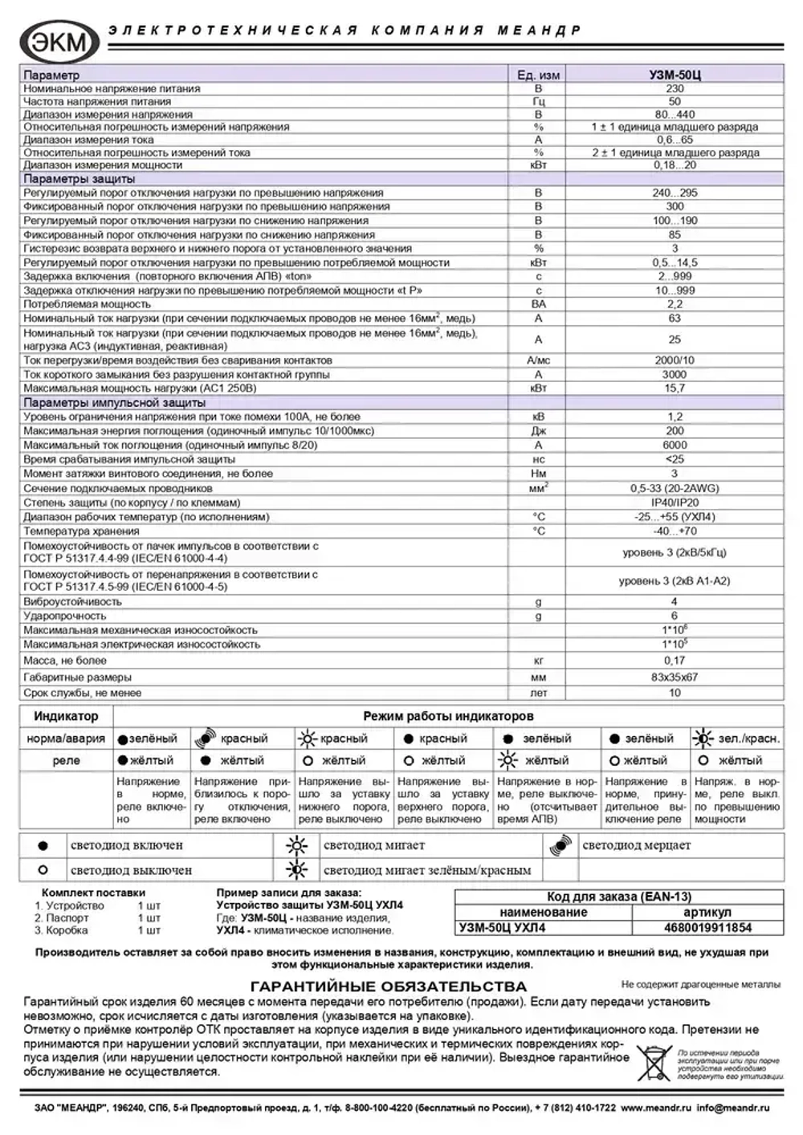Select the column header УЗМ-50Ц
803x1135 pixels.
pos(675,75)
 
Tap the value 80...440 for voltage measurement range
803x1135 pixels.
pos(675,114)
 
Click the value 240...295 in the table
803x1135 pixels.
pos(675,193)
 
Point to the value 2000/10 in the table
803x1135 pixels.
pos(675,360)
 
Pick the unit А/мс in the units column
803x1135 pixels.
pos(538,360)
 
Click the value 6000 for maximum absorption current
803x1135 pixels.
pos(675,445)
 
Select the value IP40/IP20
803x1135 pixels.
pos(675,502)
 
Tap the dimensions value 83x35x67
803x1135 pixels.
pos(675,677)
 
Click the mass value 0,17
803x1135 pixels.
pos(675,660)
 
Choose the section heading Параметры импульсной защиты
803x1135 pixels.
pos(114,402)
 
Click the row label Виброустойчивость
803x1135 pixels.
pos(72,601)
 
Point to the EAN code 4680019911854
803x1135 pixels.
pos(707,927)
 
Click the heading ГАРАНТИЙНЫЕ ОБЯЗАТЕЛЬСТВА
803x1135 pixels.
pos(389,986)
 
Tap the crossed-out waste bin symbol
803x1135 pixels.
pos(654,1063)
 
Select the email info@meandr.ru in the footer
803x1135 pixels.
pos(732,1108)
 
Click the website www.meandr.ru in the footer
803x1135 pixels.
pos(655,1108)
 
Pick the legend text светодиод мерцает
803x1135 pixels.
pos(636,845)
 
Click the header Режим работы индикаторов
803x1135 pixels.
pos(448,716)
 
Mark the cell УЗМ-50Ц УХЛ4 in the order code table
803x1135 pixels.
pos(502,927)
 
